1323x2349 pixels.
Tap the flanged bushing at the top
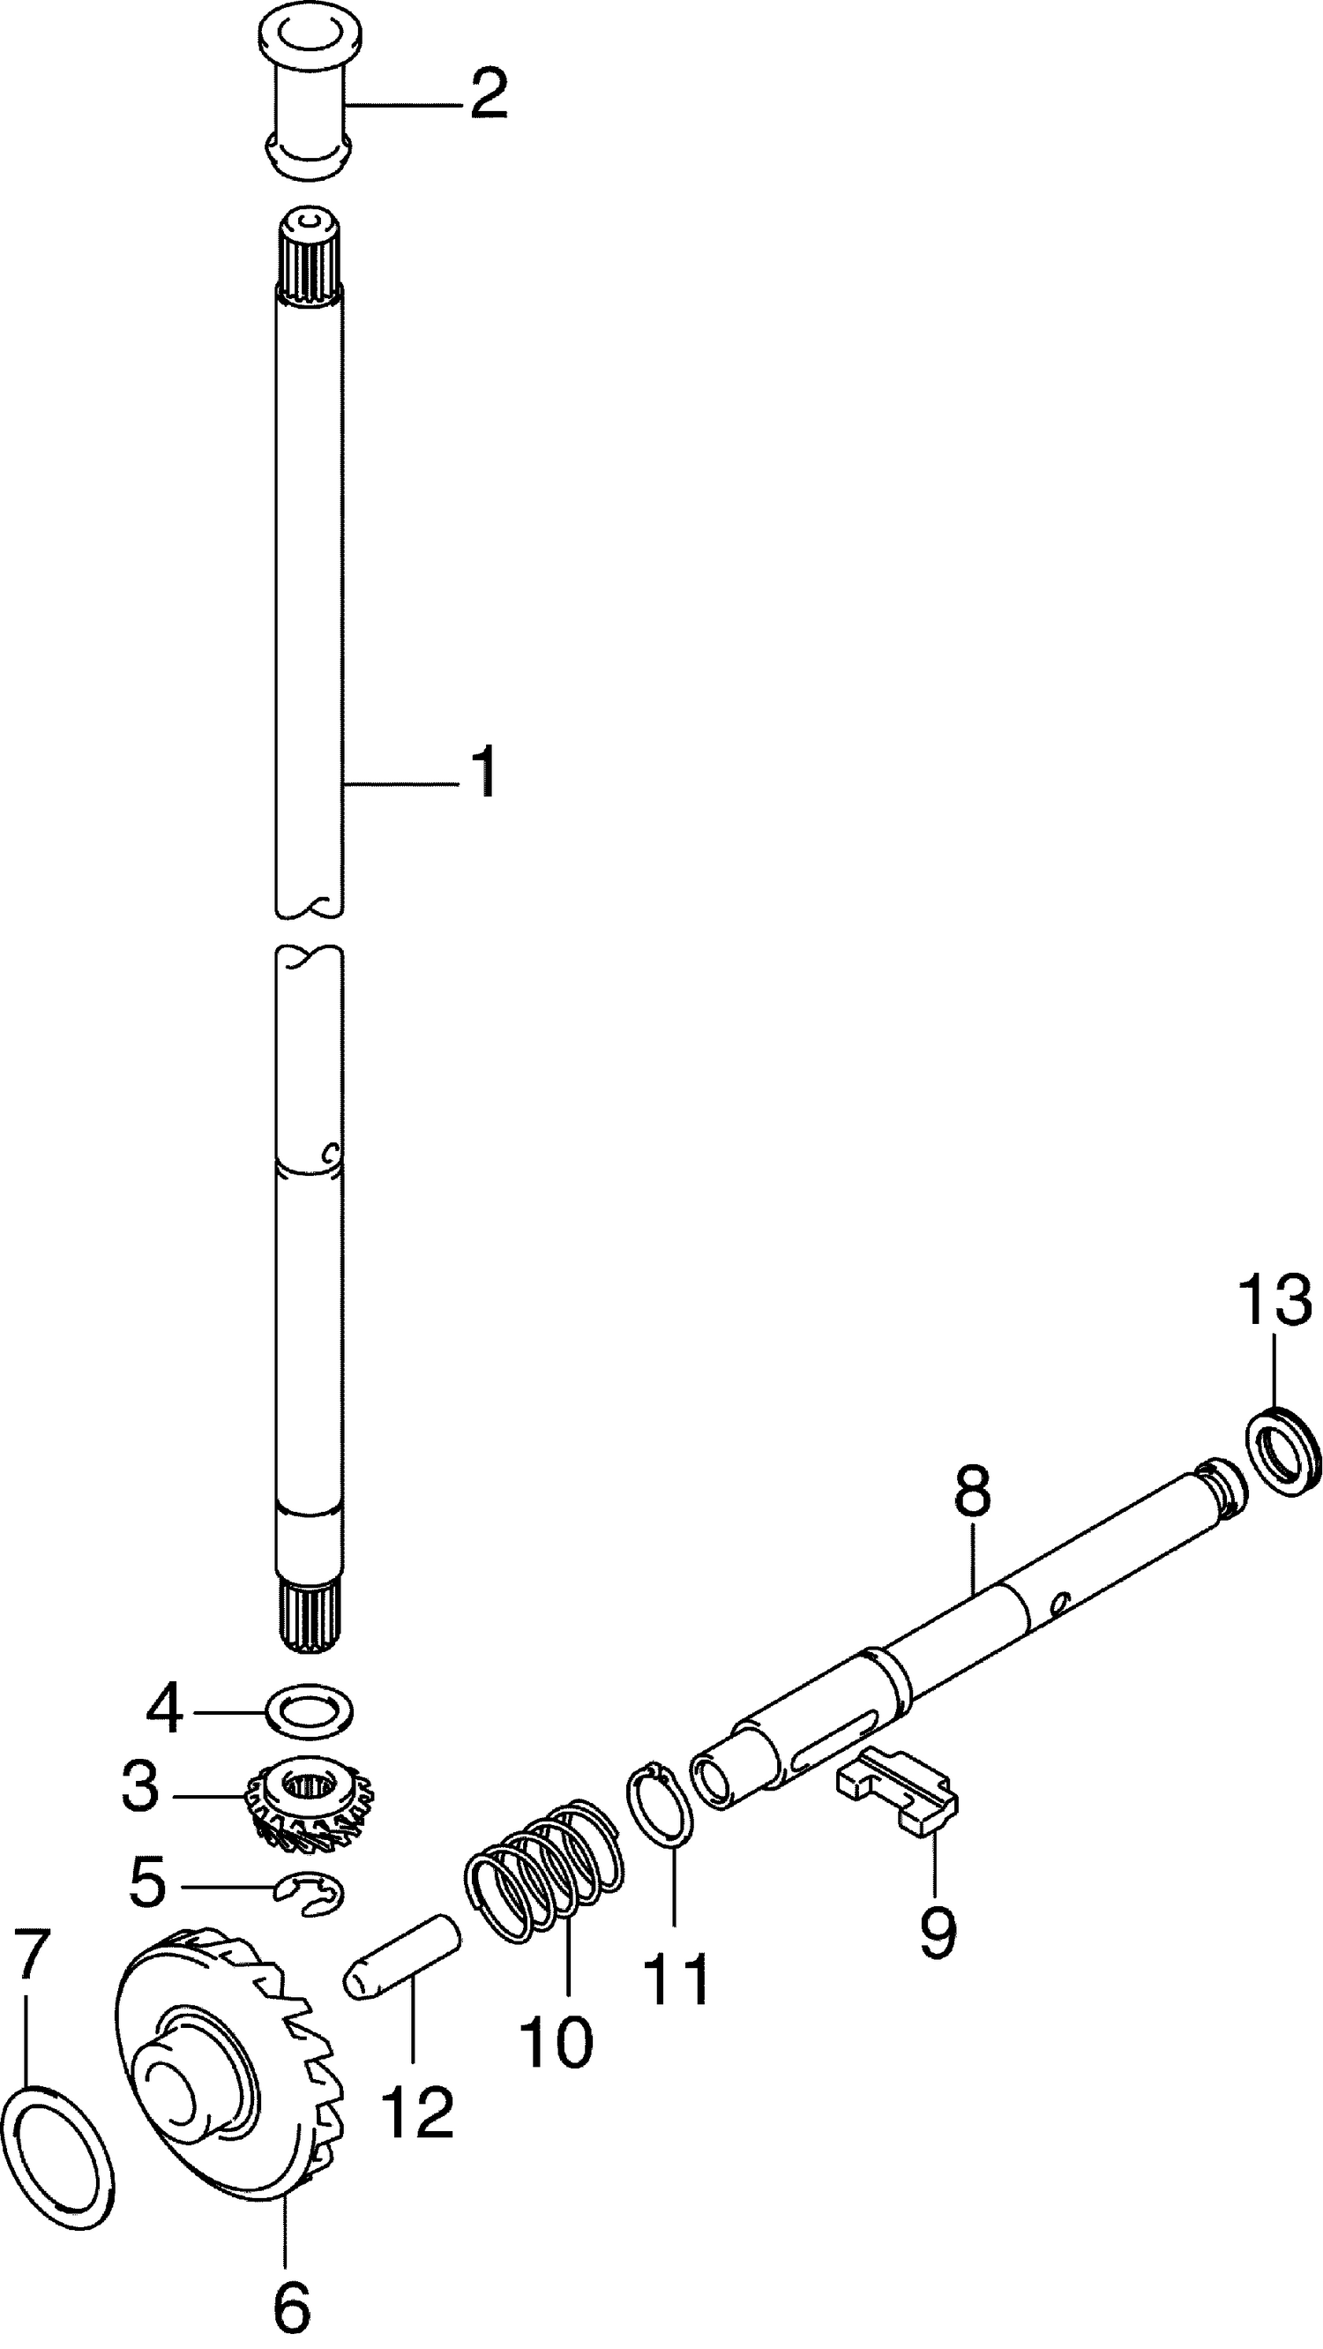click(307, 100)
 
